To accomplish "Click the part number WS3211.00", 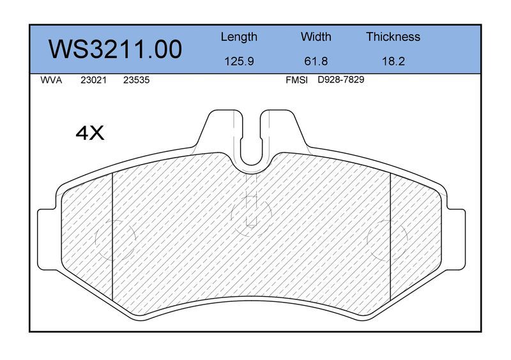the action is pos(115,49).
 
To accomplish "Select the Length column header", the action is pos(239,37).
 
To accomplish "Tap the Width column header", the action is pos(316,36).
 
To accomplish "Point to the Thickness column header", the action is pos(393,36).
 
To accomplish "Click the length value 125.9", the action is pos(239,61).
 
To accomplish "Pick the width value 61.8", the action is pos(316,61).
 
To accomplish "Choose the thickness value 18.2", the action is pos(393,61).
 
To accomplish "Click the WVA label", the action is pos(51,80).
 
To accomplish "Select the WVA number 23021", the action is pos(93,80).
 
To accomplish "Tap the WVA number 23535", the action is pos(136,80).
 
